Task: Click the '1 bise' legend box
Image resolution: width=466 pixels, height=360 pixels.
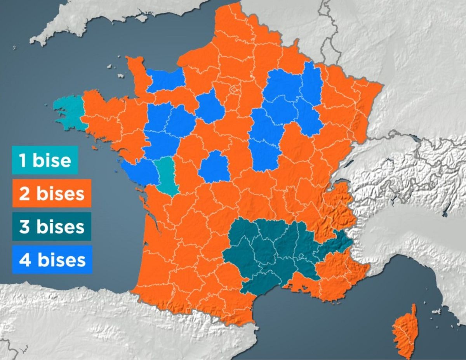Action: pos(45,160)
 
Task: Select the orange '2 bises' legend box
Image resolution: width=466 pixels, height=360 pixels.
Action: pos(52,193)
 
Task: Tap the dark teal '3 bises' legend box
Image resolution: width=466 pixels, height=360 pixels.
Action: pos(52,226)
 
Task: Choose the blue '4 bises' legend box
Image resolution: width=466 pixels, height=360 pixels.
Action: pos(52,259)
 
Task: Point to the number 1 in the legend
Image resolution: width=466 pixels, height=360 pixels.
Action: pos(23,160)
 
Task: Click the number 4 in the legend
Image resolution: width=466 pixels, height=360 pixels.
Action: pos(24,260)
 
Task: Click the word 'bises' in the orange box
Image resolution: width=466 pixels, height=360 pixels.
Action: pos(60,193)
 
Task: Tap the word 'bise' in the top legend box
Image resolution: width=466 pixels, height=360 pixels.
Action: pos(52,160)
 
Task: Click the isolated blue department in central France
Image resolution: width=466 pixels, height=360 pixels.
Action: pos(214,168)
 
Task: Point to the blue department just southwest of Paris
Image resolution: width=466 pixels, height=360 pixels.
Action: pos(210,106)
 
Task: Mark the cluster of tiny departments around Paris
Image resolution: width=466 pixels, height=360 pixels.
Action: pos(235,90)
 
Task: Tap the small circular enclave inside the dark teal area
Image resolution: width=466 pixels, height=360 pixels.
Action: pos(301,256)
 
